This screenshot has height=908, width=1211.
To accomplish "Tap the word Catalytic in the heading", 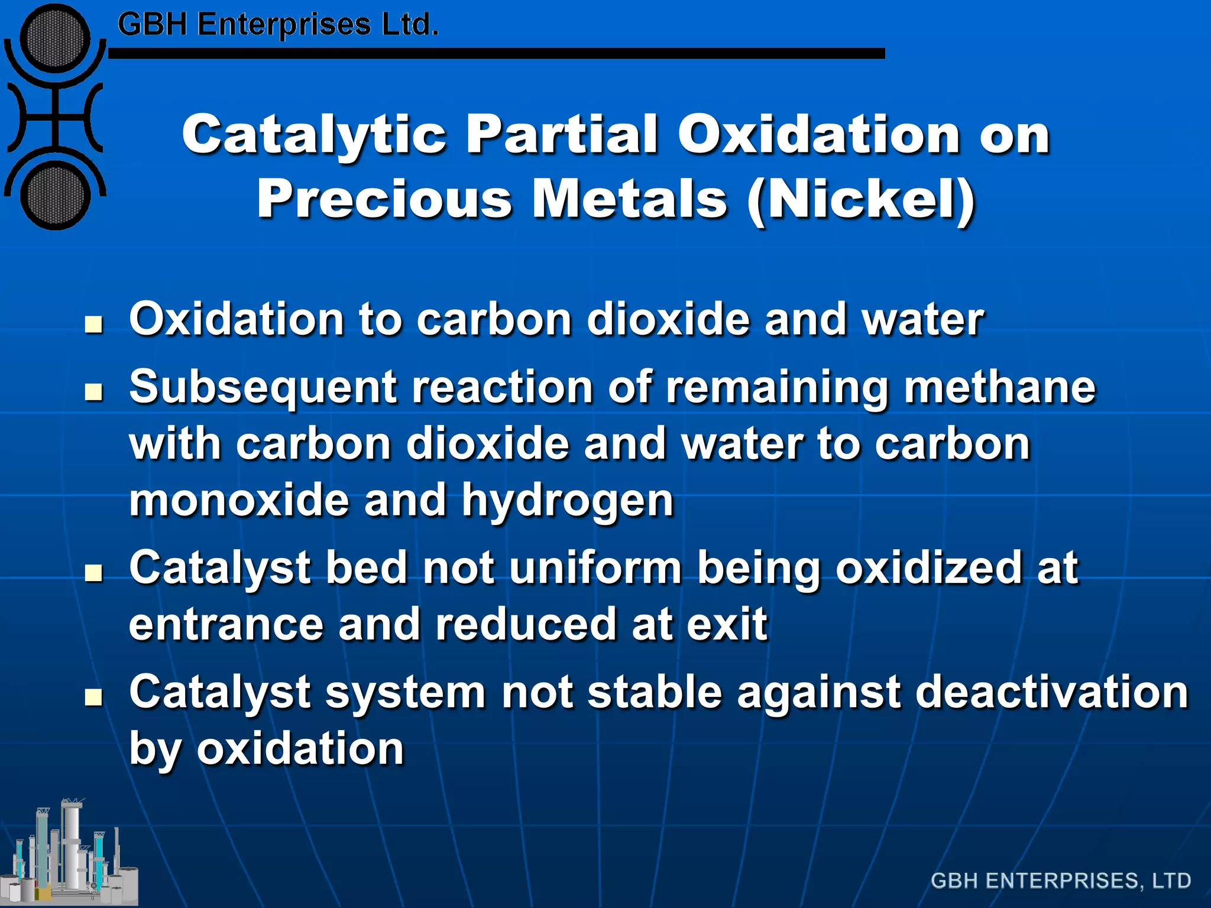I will (x=314, y=135).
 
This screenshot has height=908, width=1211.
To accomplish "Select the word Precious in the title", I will (x=384, y=200).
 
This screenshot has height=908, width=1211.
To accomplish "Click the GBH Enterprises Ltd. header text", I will (x=278, y=25).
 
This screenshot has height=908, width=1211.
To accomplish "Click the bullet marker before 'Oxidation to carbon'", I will (x=93, y=325).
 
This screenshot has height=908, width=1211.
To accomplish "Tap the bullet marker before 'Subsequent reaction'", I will (x=93, y=392).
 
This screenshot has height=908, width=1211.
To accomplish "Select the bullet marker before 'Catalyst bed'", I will (x=93, y=573).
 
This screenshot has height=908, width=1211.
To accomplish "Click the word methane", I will (x=999, y=388).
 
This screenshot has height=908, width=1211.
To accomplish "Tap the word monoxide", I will (x=239, y=500).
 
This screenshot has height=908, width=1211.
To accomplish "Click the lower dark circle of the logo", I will (x=54, y=195).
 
